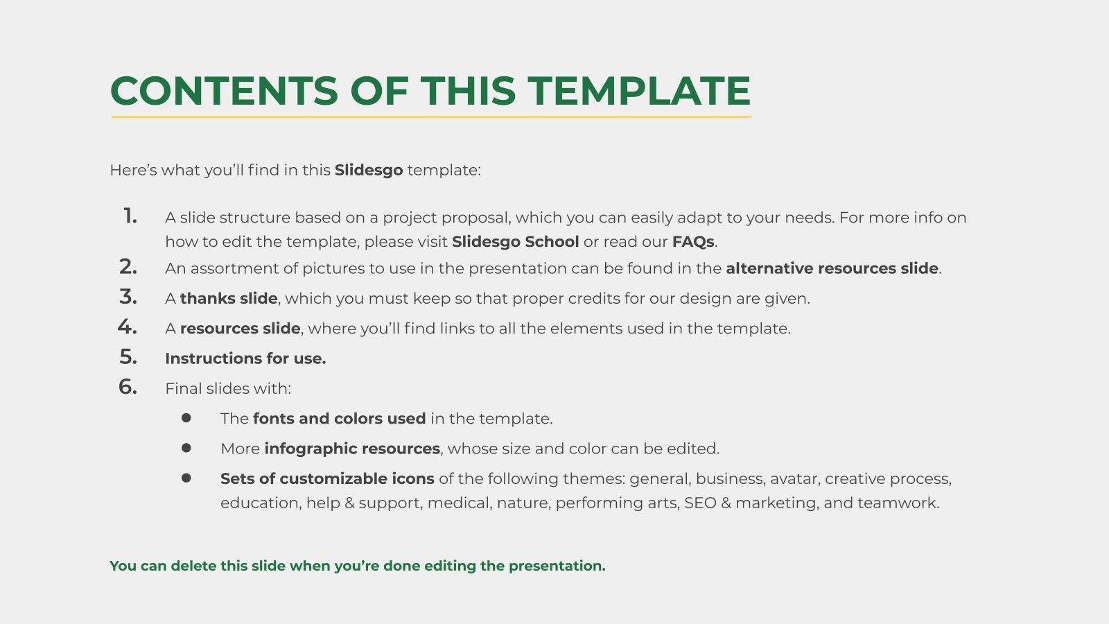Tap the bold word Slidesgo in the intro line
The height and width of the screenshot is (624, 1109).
(368, 170)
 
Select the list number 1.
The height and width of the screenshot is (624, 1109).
(130, 216)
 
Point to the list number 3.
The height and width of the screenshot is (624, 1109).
(128, 297)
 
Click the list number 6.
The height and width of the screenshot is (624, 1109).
(128, 387)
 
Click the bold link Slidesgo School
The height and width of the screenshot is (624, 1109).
(515, 242)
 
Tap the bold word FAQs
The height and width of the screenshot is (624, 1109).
(692, 242)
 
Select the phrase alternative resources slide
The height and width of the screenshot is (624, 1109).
(832, 268)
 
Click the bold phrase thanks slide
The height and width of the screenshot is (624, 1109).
(229, 299)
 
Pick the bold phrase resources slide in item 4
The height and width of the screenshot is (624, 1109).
(240, 329)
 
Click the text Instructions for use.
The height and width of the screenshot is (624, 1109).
(245, 358)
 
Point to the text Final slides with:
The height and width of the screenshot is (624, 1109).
(228, 389)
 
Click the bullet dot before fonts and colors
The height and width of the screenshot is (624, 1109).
(186, 418)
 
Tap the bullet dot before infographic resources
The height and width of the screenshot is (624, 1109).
(186, 448)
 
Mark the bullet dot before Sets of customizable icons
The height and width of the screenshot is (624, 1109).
(186, 478)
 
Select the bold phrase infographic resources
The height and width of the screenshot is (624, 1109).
(352, 449)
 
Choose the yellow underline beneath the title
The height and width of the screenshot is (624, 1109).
(431, 116)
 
